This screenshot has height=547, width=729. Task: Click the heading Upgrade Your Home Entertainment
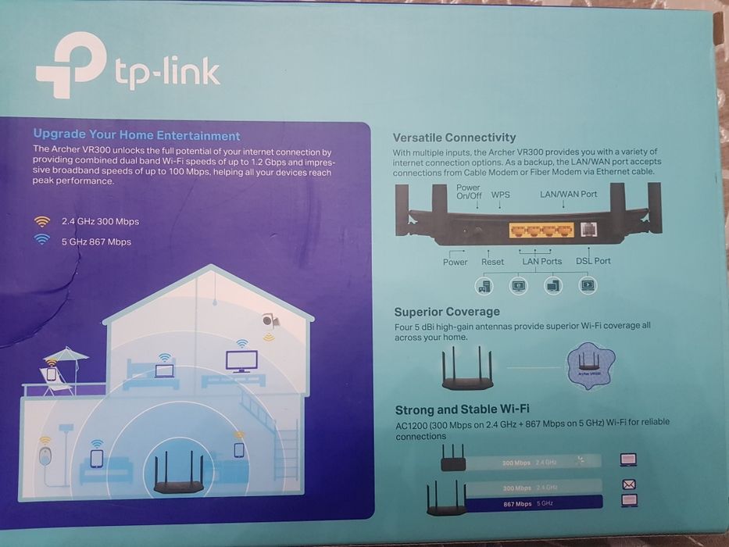tap(137, 135)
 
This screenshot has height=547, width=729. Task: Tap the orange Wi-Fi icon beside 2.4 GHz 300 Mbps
tap(42, 221)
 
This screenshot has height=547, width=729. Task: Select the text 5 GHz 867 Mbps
tap(96, 241)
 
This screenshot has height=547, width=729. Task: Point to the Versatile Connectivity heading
tap(454, 138)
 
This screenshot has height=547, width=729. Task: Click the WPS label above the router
tap(500, 195)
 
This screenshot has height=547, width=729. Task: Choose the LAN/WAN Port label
tap(568, 194)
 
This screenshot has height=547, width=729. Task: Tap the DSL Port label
tap(593, 262)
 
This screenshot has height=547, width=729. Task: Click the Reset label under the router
tap(492, 262)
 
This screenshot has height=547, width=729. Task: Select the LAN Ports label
tap(541, 262)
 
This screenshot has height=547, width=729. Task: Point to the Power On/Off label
tap(468, 191)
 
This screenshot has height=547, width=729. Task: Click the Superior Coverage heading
tap(447, 312)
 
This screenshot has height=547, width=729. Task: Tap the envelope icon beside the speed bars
tap(628, 484)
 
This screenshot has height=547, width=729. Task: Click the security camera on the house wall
tap(268, 320)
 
